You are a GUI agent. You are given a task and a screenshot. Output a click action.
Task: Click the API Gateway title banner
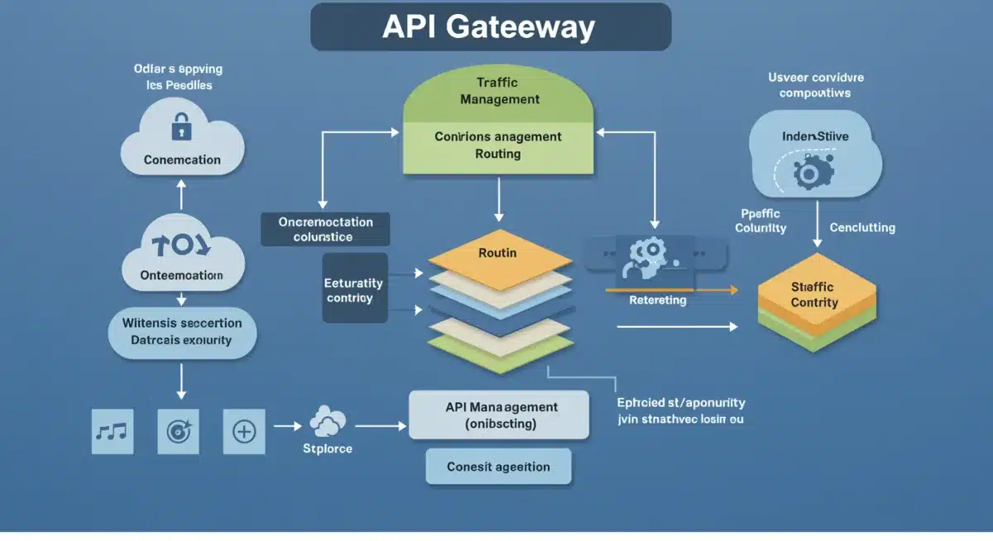pyautogui.click(x=490, y=27)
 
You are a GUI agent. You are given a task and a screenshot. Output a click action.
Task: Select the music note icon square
pyautogui.click(x=112, y=431)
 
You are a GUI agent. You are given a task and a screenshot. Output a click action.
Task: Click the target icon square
pyautogui.click(x=178, y=431)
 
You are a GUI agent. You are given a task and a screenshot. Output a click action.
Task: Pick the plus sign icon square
pyautogui.click(x=244, y=431)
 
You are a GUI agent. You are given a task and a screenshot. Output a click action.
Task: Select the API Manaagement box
pyautogui.click(x=499, y=415)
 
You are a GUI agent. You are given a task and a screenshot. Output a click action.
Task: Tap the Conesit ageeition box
pyautogui.click(x=498, y=467)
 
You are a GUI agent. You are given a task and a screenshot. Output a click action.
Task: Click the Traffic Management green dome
pyautogui.click(x=498, y=91)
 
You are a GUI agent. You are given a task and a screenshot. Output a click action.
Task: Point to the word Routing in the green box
pyautogui.click(x=498, y=154)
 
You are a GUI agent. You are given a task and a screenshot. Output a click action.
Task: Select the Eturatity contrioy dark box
pyautogui.click(x=354, y=290)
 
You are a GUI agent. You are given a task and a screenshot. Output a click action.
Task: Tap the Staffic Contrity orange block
pyautogui.click(x=814, y=295)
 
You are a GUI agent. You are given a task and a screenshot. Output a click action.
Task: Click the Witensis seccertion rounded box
pyautogui.click(x=183, y=331)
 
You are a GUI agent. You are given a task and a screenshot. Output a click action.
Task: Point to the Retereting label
pyautogui.click(x=657, y=300)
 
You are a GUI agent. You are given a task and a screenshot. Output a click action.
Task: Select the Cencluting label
pyautogui.click(x=861, y=227)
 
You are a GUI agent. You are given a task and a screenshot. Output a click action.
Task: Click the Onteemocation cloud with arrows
pyautogui.click(x=183, y=256)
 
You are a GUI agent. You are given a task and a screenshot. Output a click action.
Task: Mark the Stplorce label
pyautogui.click(x=327, y=448)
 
